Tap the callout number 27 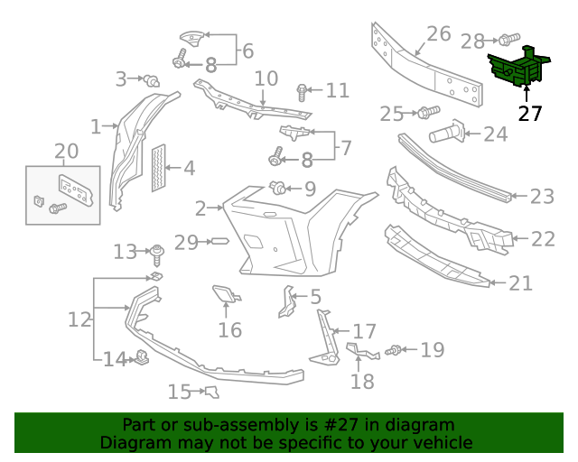tap(530, 114)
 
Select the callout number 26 tap(438, 34)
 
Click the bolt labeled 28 tap(508, 40)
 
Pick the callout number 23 tap(542, 196)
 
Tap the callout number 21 tap(521, 283)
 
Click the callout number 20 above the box tap(66, 151)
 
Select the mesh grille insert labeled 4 tap(160, 168)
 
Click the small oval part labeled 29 tap(219, 242)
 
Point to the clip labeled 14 tap(142, 359)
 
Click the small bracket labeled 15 tap(212, 391)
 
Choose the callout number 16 tap(229, 329)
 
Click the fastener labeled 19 tap(395, 350)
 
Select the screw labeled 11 tap(303, 91)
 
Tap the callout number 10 tap(266, 79)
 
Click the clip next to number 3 tap(153, 82)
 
